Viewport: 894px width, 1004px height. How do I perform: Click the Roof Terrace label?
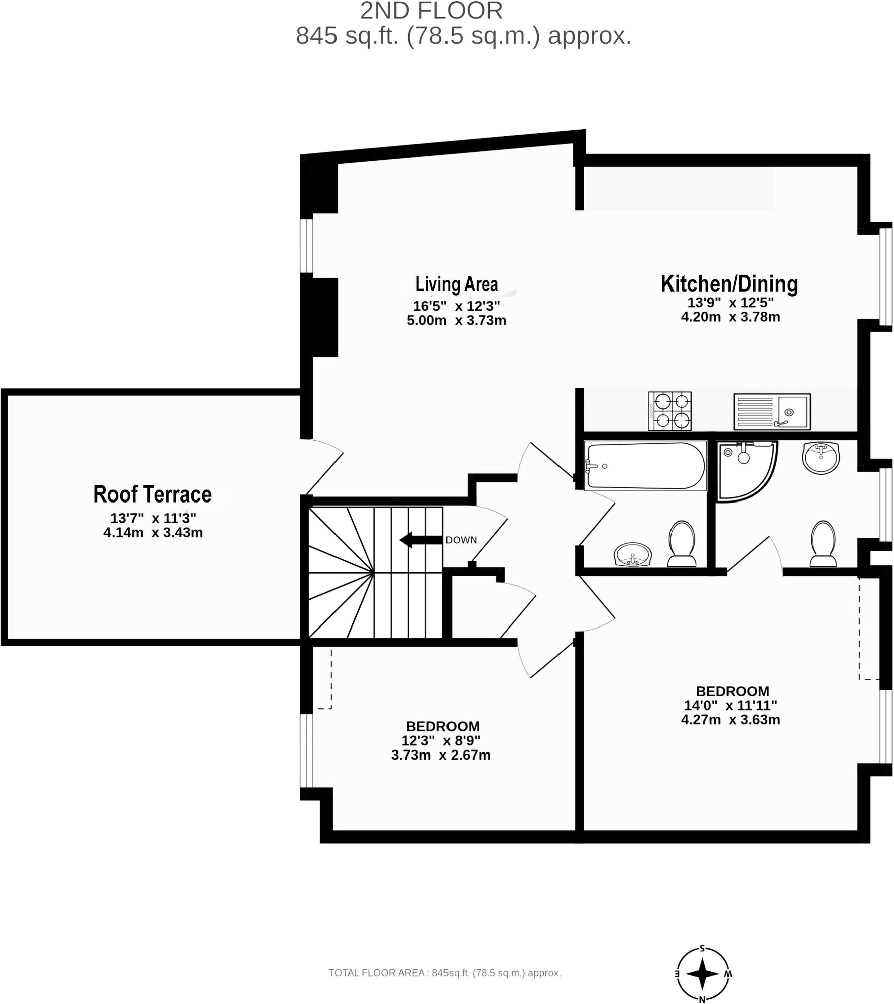(153, 494)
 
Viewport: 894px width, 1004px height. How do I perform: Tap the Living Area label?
(457, 284)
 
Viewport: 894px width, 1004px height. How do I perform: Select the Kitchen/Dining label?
(729, 284)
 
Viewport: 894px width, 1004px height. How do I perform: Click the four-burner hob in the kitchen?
(670, 411)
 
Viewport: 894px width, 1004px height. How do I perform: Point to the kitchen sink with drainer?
(772, 412)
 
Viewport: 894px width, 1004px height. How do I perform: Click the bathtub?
(645, 465)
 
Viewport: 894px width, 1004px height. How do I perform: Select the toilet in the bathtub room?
(682, 544)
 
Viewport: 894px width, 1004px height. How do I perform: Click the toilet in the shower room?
(823, 544)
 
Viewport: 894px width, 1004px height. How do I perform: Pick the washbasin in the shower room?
(821, 457)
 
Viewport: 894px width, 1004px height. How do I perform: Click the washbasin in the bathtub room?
(633, 554)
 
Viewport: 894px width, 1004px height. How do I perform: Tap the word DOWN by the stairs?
(461, 540)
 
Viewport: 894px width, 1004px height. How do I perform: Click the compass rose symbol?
(702, 974)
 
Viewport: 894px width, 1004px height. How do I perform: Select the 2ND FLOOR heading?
(431, 11)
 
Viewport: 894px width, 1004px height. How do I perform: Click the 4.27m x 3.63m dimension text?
(730, 720)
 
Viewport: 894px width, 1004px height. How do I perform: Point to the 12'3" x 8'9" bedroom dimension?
(441, 740)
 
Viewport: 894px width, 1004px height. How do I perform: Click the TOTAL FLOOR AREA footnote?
(444, 973)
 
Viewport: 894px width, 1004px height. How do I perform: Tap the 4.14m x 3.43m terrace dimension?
(153, 532)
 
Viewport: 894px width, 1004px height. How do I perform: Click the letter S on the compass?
(702, 948)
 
